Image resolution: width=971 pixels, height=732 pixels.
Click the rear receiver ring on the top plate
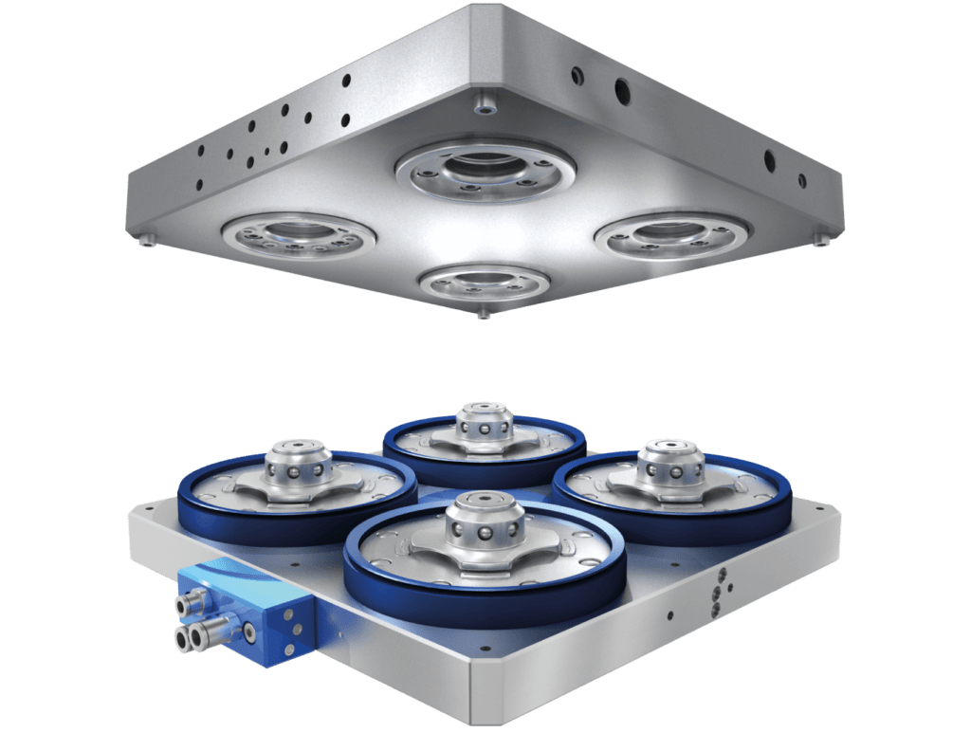coord(485,169)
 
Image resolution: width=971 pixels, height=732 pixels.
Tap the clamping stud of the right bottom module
coord(671,465)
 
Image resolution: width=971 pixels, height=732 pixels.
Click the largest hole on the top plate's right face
coord(622,91)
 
